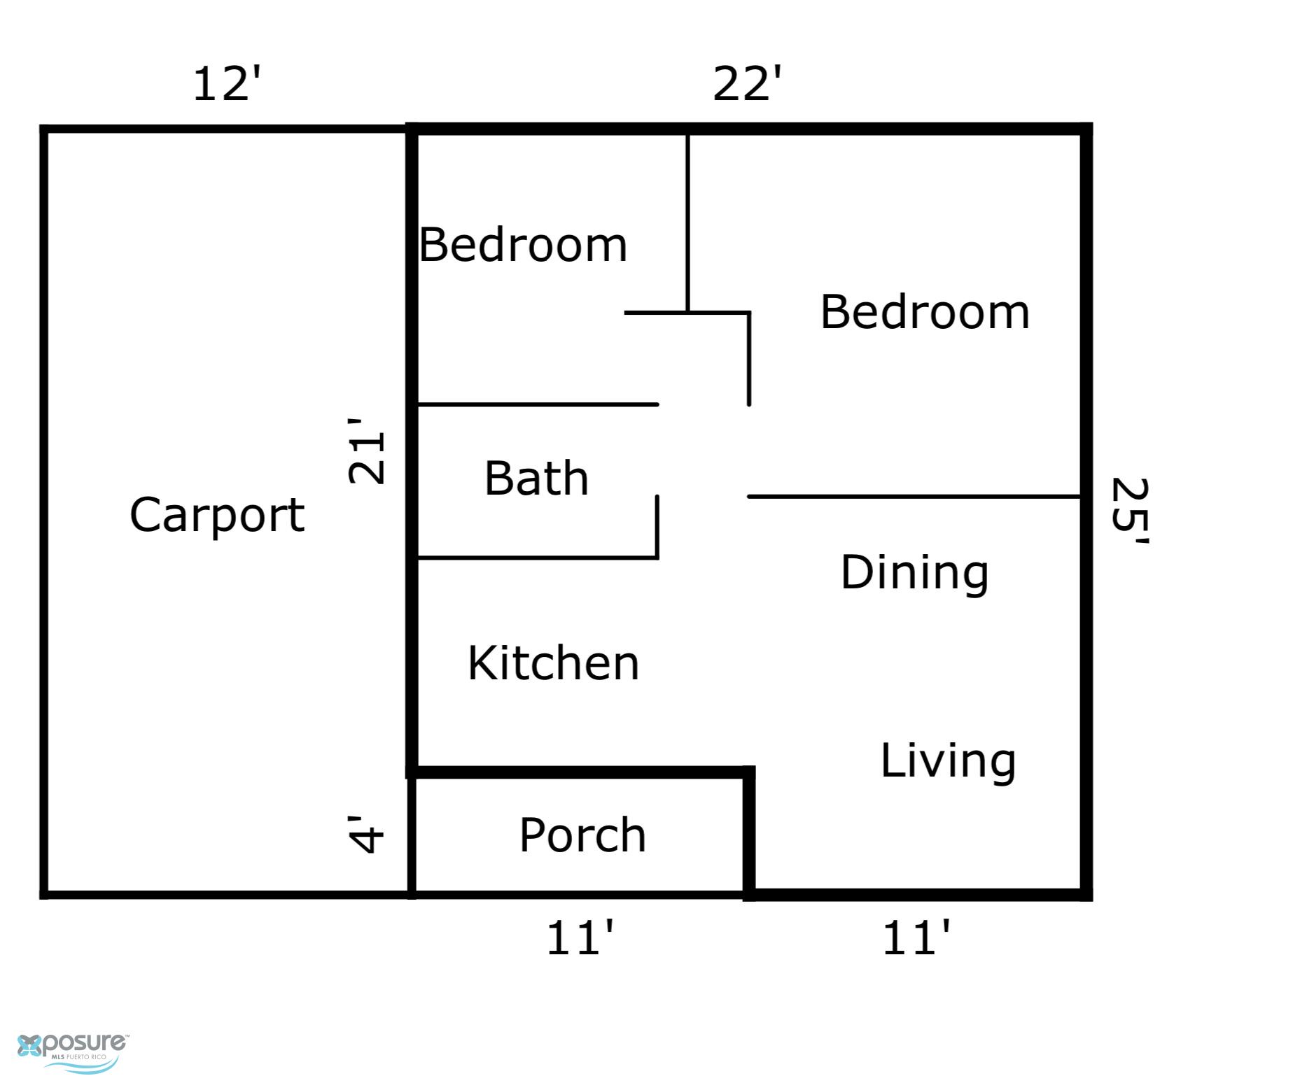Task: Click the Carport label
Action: [217, 516]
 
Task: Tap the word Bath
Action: [536, 479]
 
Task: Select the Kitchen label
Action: [553, 663]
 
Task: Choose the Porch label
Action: [582, 835]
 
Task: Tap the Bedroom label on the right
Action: [925, 312]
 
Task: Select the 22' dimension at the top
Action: [747, 84]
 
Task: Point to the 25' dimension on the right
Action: [1129, 511]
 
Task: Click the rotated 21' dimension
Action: [366, 451]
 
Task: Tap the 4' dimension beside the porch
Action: [366, 835]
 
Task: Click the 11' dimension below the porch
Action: [580, 938]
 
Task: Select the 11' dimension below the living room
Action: [916, 938]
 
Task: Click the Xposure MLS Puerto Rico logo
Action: [73, 1052]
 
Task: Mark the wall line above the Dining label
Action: [914, 497]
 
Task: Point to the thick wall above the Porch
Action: [581, 772]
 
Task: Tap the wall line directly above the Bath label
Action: [538, 404]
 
